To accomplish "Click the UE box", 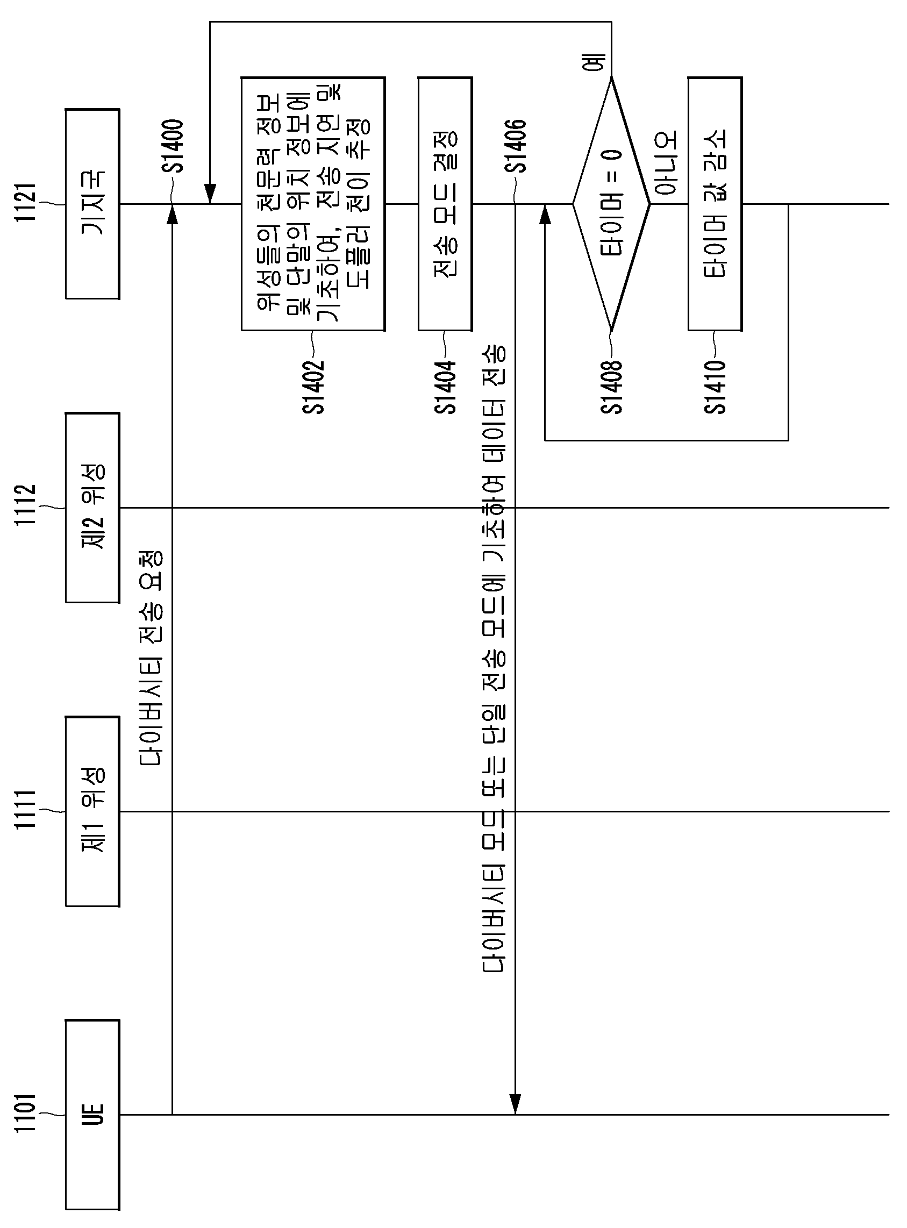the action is (x=92, y=1115).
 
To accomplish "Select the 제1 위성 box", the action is (x=92, y=811).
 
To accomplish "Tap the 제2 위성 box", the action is (x=92, y=507).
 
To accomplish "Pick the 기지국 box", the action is (x=92, y=204).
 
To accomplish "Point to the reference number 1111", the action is (x=25, y=810).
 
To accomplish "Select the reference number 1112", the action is (x=25, y=505).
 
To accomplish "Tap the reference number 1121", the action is (x=25, y=202).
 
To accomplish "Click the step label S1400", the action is (x=174, y=146).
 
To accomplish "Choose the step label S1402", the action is (x=313, y=387).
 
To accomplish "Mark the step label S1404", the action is (x=445, y=387).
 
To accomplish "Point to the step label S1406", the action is (x=516, y=146).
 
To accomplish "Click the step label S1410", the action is (x=715, y=387).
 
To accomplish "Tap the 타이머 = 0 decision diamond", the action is (x=612, y=204).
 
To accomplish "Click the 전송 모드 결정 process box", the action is (x=445, y=204).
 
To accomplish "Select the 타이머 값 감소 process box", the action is (x=715, y=204).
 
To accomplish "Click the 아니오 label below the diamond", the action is (x=667, y=163).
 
